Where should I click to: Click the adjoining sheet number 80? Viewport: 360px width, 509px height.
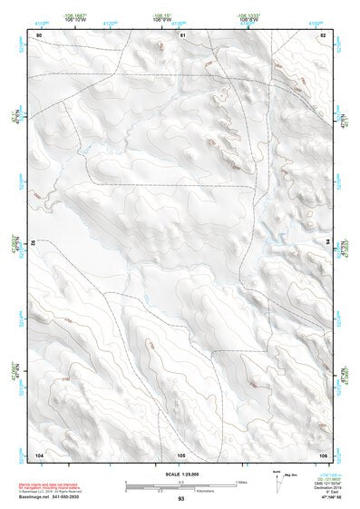(39, 34)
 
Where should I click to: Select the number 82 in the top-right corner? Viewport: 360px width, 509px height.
(322, 34)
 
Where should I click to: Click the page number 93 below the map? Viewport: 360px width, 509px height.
(181, 499)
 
